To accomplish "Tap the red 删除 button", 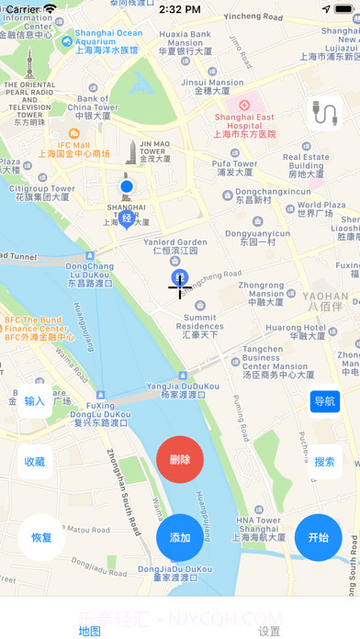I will click(180, 459).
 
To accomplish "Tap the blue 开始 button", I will click(318, 538).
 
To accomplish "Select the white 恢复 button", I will click(41, 538).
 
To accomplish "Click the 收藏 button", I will click(34, 462).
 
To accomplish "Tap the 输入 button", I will click(34, 401).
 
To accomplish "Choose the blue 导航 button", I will click(324, 401).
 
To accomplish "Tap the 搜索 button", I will click(324, 462).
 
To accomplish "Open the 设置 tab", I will click(269, 631).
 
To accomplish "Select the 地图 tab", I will click(89, 631).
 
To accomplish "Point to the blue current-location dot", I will click(127, 187).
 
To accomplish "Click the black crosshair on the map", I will click(179, 287).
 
